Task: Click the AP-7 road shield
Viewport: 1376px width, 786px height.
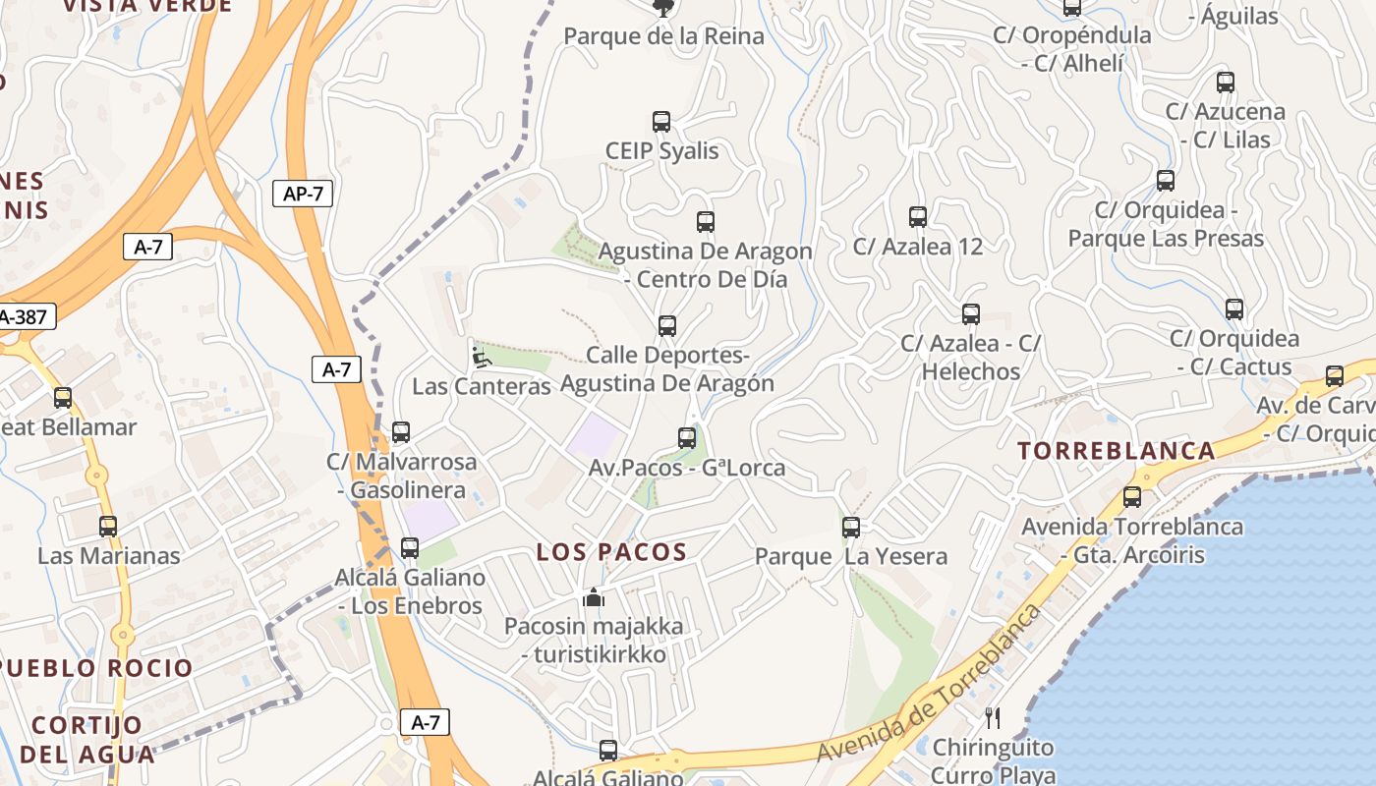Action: [303, 194]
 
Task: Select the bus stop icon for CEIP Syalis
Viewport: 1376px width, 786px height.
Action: [661, 122]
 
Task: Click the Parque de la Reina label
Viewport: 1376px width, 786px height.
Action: [663, 36]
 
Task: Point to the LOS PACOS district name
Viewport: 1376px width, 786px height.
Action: [611, 552]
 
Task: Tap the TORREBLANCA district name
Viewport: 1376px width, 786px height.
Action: [1117, 451]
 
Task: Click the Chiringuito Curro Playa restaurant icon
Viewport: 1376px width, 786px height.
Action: [993, 718]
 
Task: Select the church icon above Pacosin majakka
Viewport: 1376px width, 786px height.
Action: [594, 597]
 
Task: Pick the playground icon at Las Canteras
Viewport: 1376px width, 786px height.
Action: [481, 358]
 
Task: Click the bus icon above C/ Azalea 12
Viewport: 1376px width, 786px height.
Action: [918, 217]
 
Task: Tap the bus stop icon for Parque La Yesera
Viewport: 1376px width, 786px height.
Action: [851, 528]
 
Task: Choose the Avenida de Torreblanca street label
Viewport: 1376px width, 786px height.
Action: [929, 684]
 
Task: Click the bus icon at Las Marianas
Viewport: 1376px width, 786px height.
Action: [108, 527]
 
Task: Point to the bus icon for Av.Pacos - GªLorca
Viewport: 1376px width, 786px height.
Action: [687, 438]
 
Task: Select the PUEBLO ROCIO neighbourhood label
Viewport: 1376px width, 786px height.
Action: [96, 668]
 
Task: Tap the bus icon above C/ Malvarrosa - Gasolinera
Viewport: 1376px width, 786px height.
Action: [401, 432]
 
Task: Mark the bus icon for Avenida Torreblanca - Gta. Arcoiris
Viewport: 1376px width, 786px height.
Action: [1132, 497]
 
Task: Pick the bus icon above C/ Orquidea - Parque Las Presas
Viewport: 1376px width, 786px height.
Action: [1166, 181]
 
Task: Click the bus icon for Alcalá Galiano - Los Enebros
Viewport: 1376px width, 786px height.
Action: [410, 548]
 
